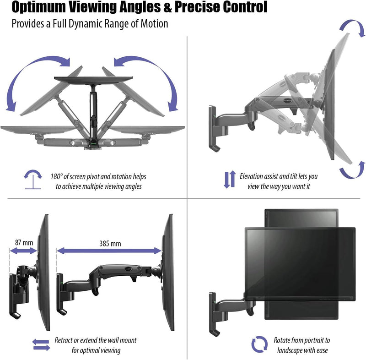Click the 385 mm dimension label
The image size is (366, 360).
[x=110, y=243]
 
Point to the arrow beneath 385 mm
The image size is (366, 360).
[x=110, y=251]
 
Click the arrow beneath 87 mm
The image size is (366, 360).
[x=23, y=251]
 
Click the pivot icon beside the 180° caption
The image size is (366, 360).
[x=31, y=179]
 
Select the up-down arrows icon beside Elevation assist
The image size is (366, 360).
[x=229, y=180]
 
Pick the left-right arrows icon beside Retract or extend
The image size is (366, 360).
[x=41, y=344]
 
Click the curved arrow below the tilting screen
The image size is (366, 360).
[x=350, y=173]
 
